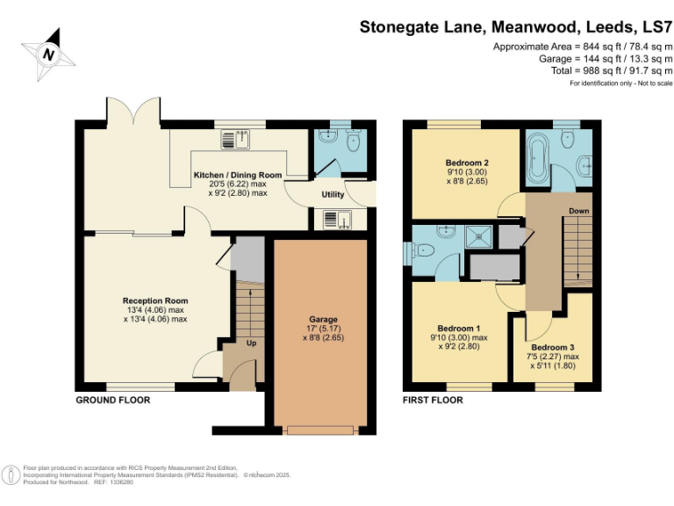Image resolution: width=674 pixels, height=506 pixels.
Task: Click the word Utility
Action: [x=333, y=194]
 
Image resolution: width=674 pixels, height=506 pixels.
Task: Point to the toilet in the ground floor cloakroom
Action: [x=352, y=141]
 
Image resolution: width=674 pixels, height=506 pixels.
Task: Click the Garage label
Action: [x=323, y=320]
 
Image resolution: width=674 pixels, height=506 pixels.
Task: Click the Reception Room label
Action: [x=155, y=301]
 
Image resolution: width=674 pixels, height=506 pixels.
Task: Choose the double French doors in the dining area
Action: [x=133, y=112]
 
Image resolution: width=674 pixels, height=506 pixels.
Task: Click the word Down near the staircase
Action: [x=578, y=211]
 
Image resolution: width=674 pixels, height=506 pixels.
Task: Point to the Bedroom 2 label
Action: [x=466, y=163]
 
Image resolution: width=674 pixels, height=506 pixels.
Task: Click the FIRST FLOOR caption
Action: [x=433, y=401]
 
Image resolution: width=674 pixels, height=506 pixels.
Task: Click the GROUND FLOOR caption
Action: [x=112, y=401]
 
